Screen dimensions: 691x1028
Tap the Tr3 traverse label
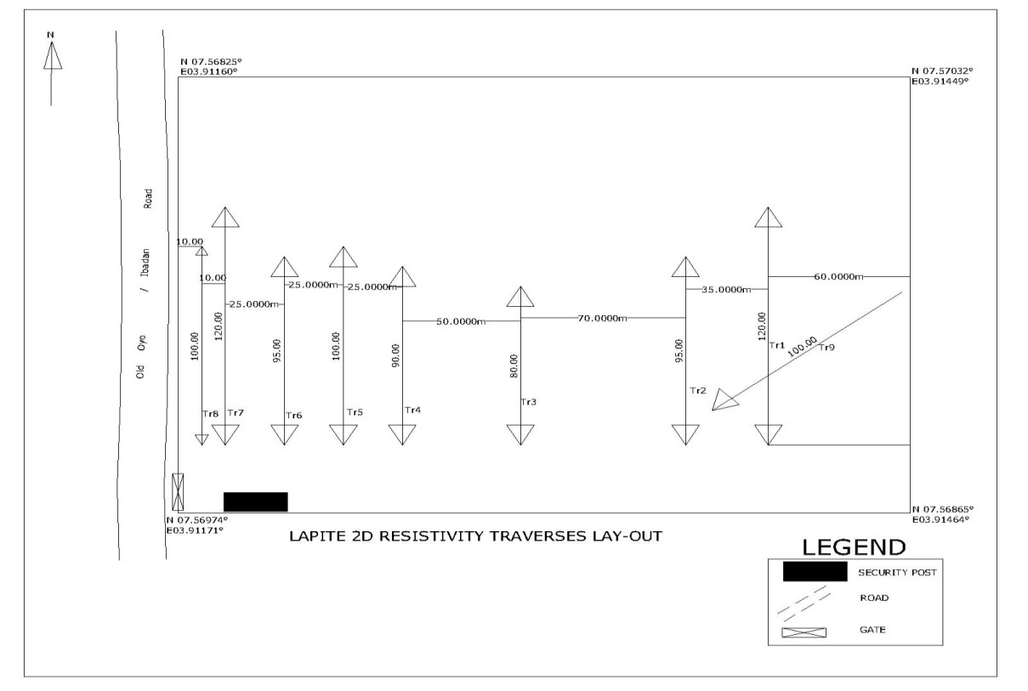(528, 402)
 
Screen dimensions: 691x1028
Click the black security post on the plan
(255, 501)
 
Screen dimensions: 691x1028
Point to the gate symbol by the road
(177, 492)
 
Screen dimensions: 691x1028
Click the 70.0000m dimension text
(602, 319)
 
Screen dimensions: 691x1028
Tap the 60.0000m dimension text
(838, 276)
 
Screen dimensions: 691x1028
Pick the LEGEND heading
(854, 547)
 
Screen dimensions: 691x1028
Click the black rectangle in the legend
(815, 572)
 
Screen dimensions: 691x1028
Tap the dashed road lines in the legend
(815, 600)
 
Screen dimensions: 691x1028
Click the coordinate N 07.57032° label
(940, 71)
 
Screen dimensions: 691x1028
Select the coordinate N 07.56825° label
(209, 62)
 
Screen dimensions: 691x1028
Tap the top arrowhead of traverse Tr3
(520, 297)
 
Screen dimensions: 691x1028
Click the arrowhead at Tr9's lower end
(724, 399)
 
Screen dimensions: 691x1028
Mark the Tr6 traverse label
(293, 416)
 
